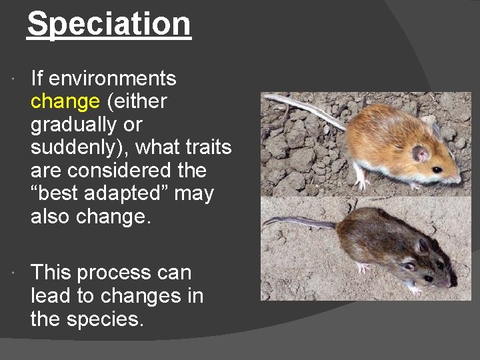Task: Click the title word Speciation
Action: [x=109, y=24]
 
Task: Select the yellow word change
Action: [x=65, y=101]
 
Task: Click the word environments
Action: [x=113, y=79]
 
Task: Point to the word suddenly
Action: [x=75, y=147]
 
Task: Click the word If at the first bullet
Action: [x=37, y=79]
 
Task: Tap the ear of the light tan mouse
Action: [x=420, y=153]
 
